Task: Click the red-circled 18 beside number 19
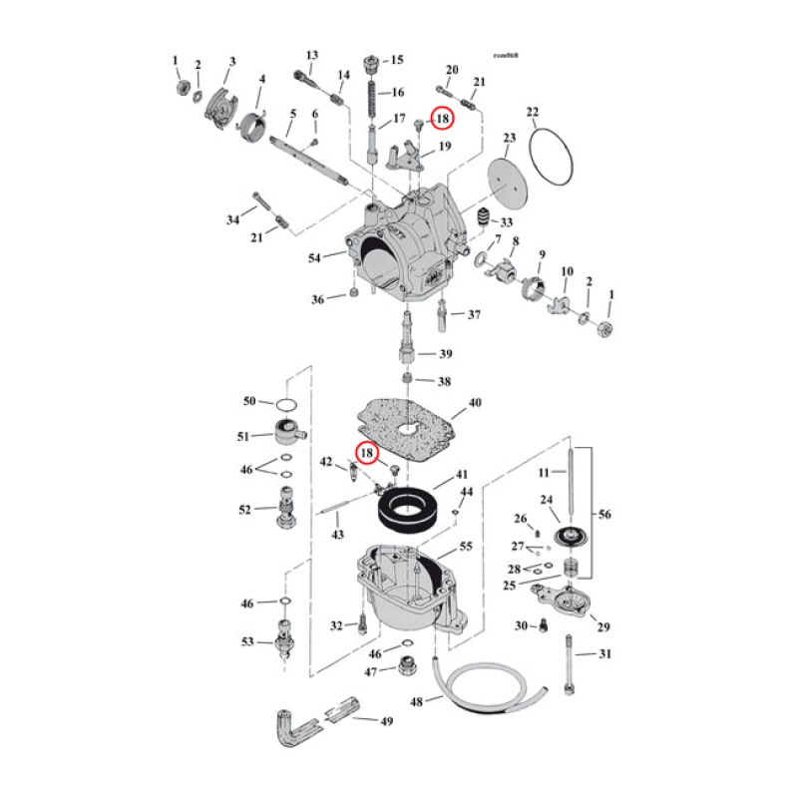[x=442, y=118]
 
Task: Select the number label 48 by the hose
[x=417, y=701]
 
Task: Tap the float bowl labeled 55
[x=399, y=589]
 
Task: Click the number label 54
[x=315, y=258]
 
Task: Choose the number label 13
[x=311, y=55]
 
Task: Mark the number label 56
[x=605, y=515]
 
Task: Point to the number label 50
[x=250, y=402]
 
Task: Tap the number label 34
[x=233, y=218]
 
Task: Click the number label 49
[x=385, y=720]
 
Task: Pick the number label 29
[x=601, y=626]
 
